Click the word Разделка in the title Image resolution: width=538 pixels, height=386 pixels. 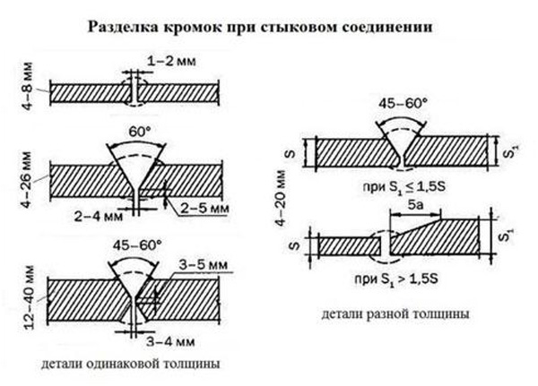123,26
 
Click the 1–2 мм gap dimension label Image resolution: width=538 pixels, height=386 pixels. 171,62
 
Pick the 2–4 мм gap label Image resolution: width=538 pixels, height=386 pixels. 99,216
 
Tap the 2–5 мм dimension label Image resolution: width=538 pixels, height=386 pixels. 204,208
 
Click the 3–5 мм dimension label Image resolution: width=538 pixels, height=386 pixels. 204,265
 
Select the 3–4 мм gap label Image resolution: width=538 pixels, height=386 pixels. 171,341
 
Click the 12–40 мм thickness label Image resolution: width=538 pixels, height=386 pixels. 30,297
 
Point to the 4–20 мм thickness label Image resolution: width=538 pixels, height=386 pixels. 281,198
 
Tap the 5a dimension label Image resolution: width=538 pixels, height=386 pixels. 415,205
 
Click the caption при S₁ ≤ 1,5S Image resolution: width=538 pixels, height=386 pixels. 404,187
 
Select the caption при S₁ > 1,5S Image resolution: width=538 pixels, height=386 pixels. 396,279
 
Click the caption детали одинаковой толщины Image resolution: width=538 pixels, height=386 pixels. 131,364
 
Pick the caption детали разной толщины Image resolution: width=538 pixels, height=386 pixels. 395,313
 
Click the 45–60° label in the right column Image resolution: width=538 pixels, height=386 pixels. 403,103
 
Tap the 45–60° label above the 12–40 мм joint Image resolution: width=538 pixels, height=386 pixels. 137,244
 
